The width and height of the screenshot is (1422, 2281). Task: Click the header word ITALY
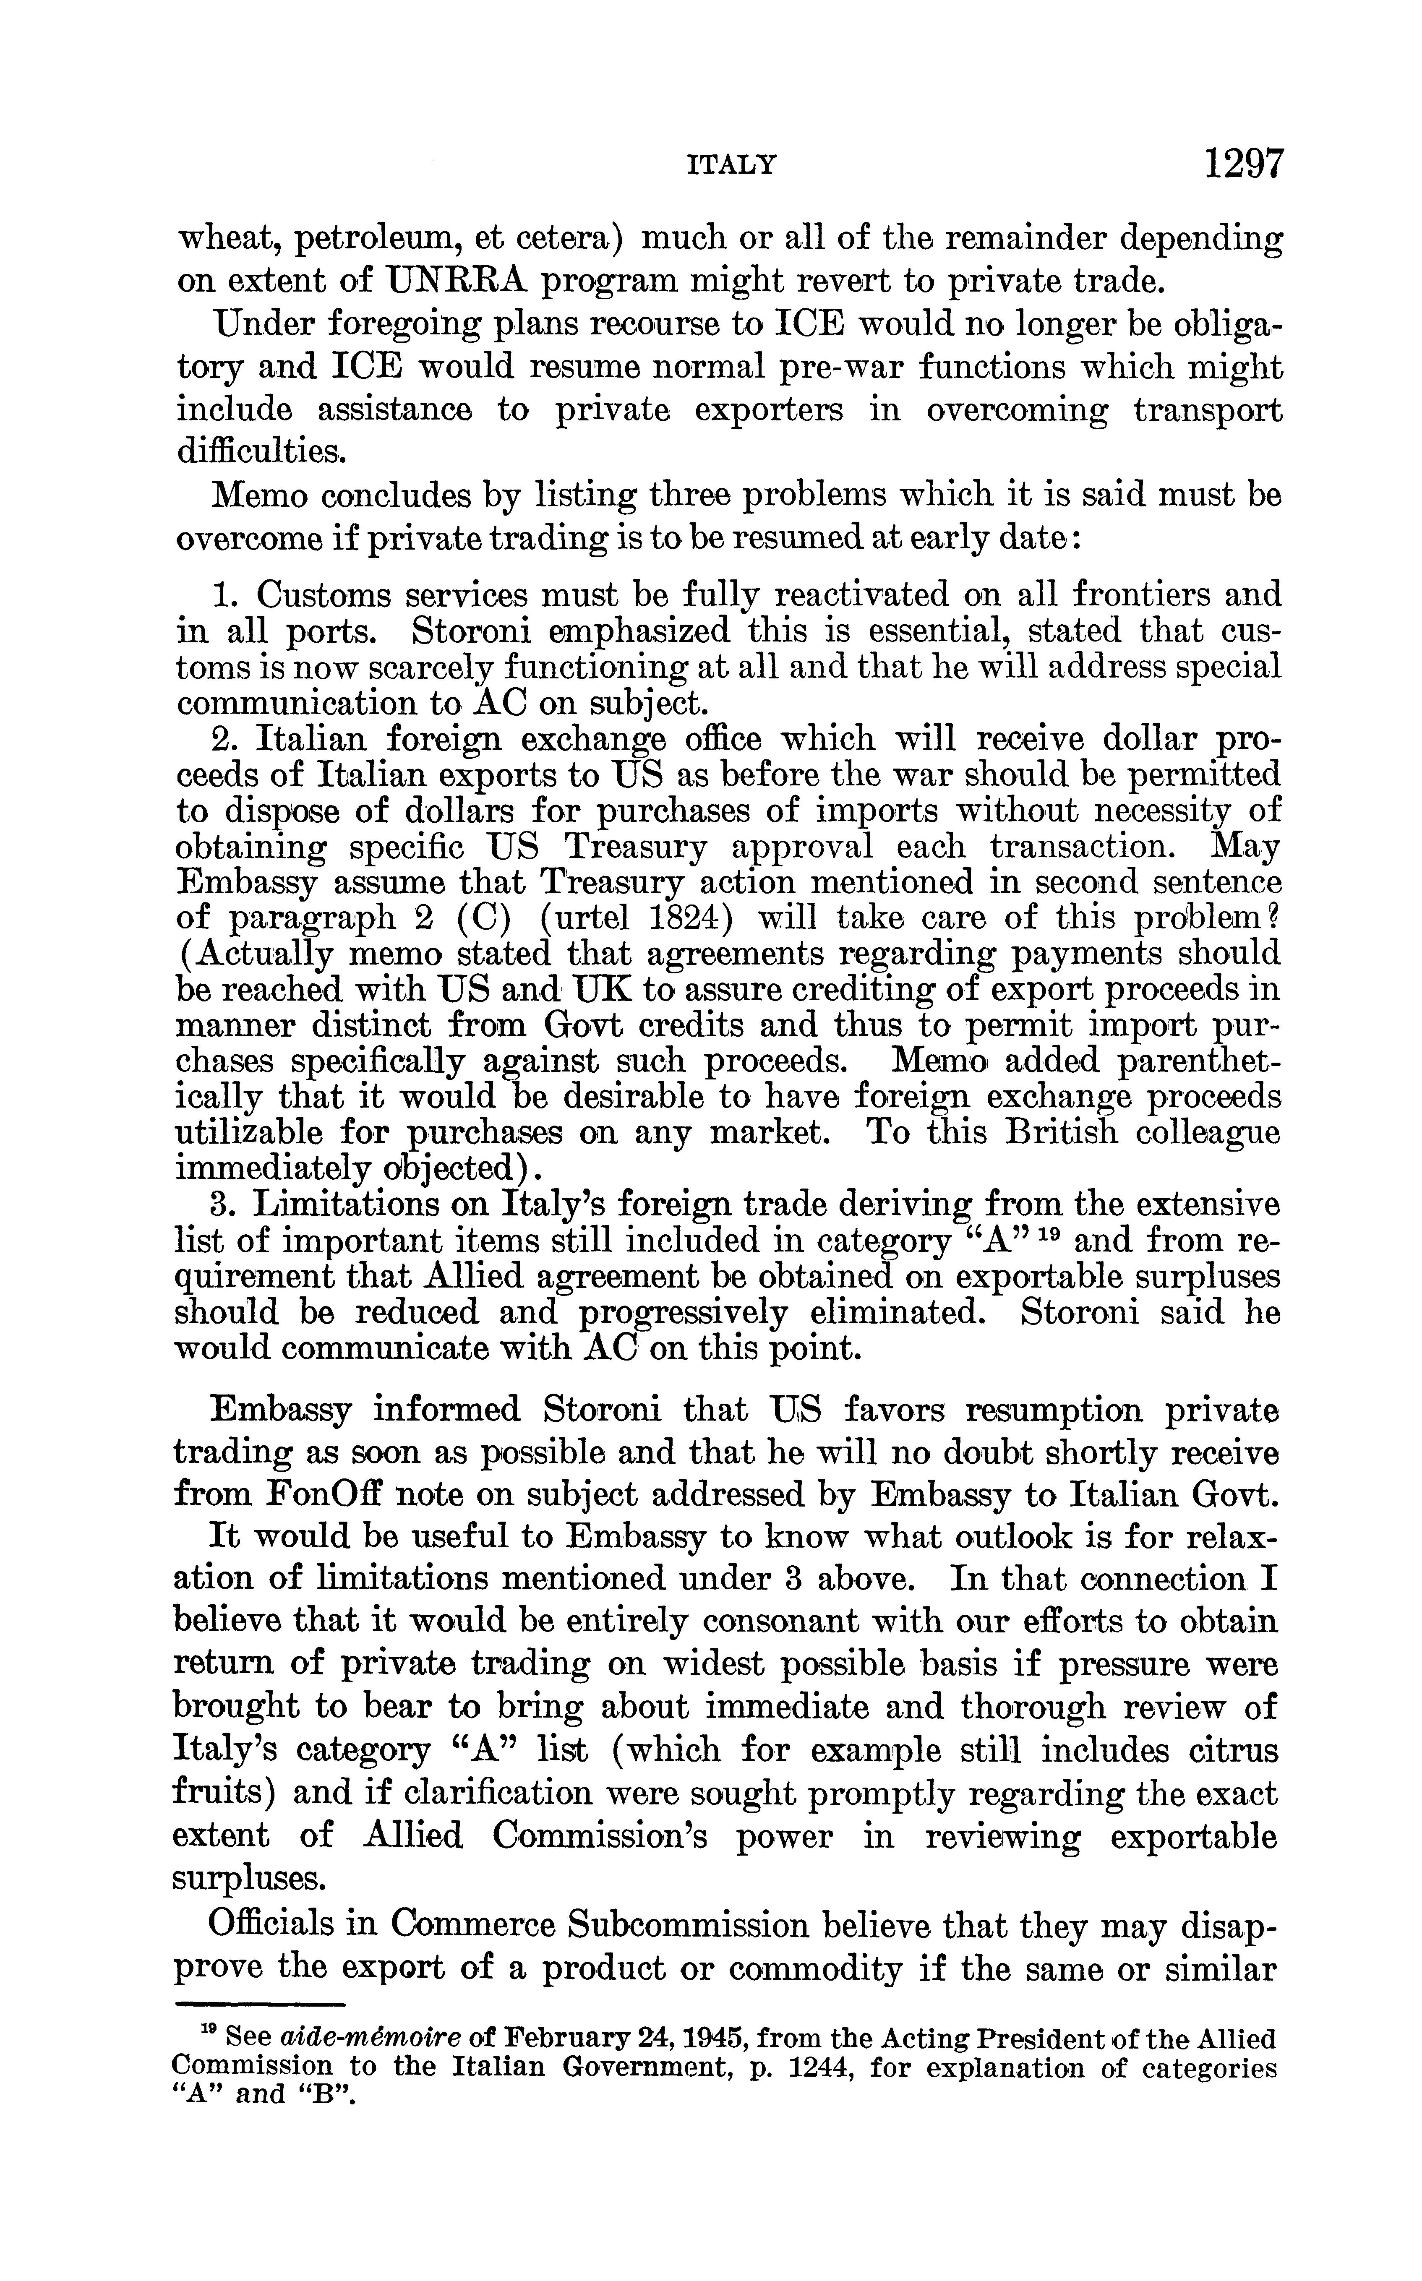coord(733,167)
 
